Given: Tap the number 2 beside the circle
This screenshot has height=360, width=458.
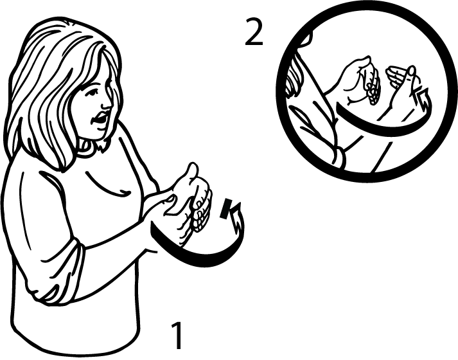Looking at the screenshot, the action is click(x=254, y=32).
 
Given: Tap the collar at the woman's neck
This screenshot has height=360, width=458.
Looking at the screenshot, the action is click(x=94, y=146).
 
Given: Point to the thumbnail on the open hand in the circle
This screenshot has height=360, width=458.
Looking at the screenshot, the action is click(x=412, y=71).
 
